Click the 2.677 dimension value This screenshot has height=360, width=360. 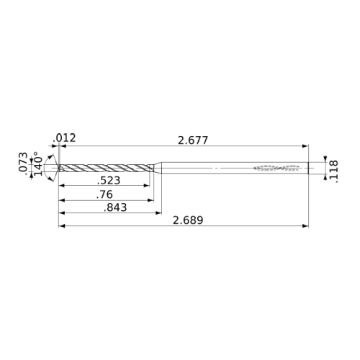click(193, 140)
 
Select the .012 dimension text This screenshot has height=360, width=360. click(64, 138)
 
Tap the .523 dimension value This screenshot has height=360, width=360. click(109, 181)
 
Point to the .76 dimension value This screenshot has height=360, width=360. click(104, 194)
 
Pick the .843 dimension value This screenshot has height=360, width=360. click(115, 207)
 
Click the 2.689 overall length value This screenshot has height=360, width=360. click(188, 220)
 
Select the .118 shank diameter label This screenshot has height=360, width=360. click(334, 171)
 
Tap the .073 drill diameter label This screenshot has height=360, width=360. click(23, 162)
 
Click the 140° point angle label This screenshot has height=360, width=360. click(38, 163)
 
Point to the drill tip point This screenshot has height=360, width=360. click(59, 168)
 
